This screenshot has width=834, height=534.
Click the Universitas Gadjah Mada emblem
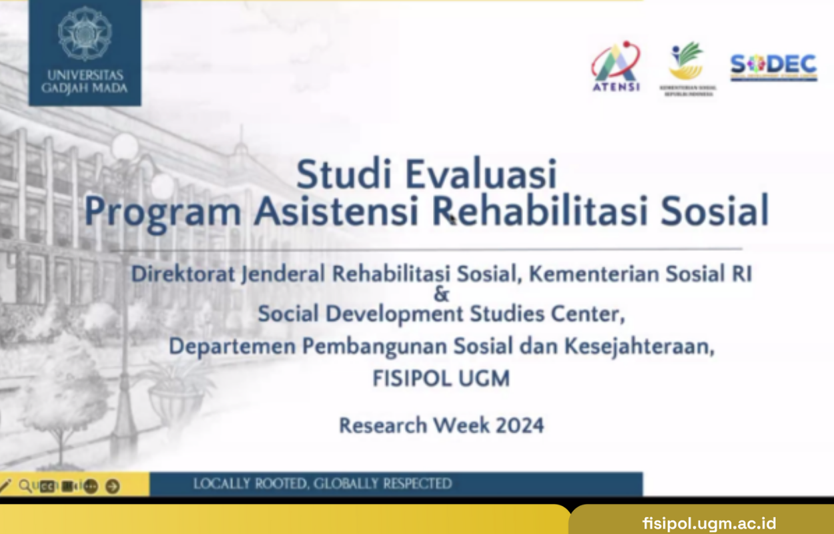[84, 33]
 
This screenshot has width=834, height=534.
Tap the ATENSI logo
[615, 67]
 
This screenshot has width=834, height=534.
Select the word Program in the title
[162, 212]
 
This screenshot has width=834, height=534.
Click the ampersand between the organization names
[441, 294]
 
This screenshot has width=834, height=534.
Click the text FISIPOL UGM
[441, 379]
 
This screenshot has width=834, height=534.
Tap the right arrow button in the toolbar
[113, 487]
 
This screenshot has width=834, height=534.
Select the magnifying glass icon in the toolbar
[25, 486]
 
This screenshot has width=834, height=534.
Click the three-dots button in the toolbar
[91, 487]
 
